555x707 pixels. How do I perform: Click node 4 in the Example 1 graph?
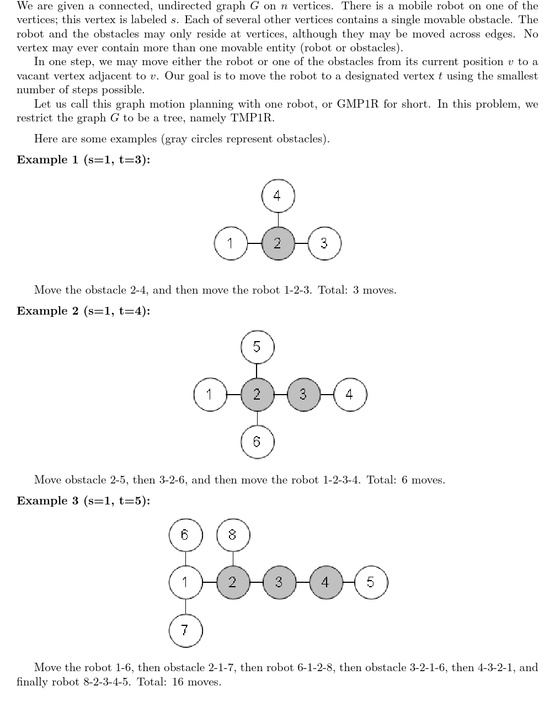pyautogui.click(x=278, y=195)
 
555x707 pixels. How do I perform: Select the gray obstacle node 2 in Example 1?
pyautogui.click(x=277, y=243)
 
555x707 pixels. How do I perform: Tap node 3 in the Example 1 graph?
pyautogui.click(x=324, y=243)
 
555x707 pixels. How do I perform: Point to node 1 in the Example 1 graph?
pyautogui.click(x=231, y=243)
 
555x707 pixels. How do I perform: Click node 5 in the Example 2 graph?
pyautogui.click(x=257, y=347)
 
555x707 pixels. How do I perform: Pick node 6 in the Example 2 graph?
pyautogui.click(x=257, y=442)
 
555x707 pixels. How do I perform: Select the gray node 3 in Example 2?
pyautogui.click(x=303, y=395)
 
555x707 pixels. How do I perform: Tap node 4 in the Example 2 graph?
pyautogui.click(x=350, y=395)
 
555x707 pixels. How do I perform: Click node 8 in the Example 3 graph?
pyautogui.click(x=233, y=535)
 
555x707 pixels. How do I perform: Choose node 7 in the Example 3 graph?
pyautogui.click(x=185, y=630)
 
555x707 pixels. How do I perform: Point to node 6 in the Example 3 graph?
pyautogui.click(x=185, y=535)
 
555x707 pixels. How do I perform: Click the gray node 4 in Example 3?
pyautogui.click(x=325, y=582)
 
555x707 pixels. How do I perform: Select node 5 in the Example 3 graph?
pyautogui.click(x=371, y=582)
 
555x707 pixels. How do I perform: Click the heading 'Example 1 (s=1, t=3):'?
pyautogui.click(x=83, y=160)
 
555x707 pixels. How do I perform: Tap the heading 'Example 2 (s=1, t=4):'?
pyautogui.click(x=83, y=311)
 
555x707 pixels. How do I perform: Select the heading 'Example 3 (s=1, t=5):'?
pyautogui.click(x=83, y=501)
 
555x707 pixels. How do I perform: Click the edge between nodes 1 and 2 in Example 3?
pyautogui.click(x=209, y=582)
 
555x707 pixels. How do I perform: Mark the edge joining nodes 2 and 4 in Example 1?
pyautogui.click(x=278, y=219)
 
